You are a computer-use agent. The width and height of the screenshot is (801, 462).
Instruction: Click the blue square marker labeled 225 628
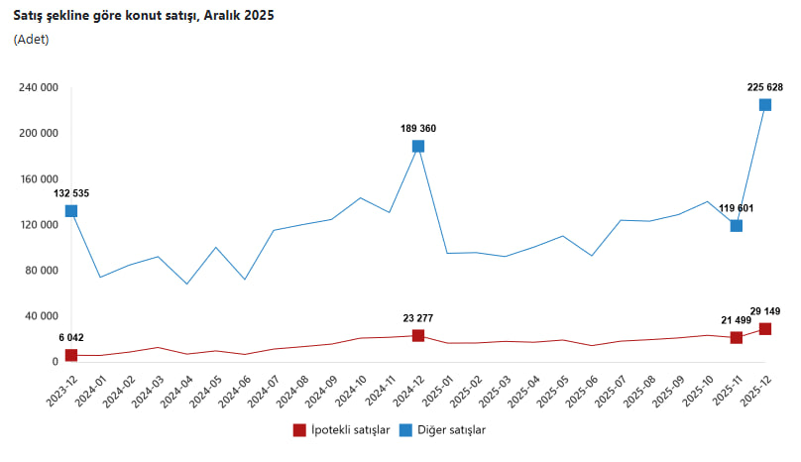tap(765, 105)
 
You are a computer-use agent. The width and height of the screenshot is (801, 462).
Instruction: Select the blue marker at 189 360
tap(418, 147)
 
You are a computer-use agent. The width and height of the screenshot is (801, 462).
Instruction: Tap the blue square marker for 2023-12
tap(71, 211)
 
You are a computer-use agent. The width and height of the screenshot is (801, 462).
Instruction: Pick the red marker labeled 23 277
tap(418, 336)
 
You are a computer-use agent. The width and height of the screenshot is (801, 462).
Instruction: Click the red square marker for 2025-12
tap(765, 329)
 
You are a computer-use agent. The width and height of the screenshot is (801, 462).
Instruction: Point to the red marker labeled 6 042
tap(71, 355)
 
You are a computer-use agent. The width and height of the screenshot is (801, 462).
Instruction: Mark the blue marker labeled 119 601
tap(737, 226)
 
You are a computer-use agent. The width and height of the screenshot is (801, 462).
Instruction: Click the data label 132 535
tap(71, 193)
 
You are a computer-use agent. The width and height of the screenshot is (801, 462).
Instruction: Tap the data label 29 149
tap(765, 310)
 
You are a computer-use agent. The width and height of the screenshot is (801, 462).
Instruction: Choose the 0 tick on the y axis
tap(56, 362)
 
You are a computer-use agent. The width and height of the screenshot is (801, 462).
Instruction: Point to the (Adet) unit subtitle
tap(31, 40)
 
